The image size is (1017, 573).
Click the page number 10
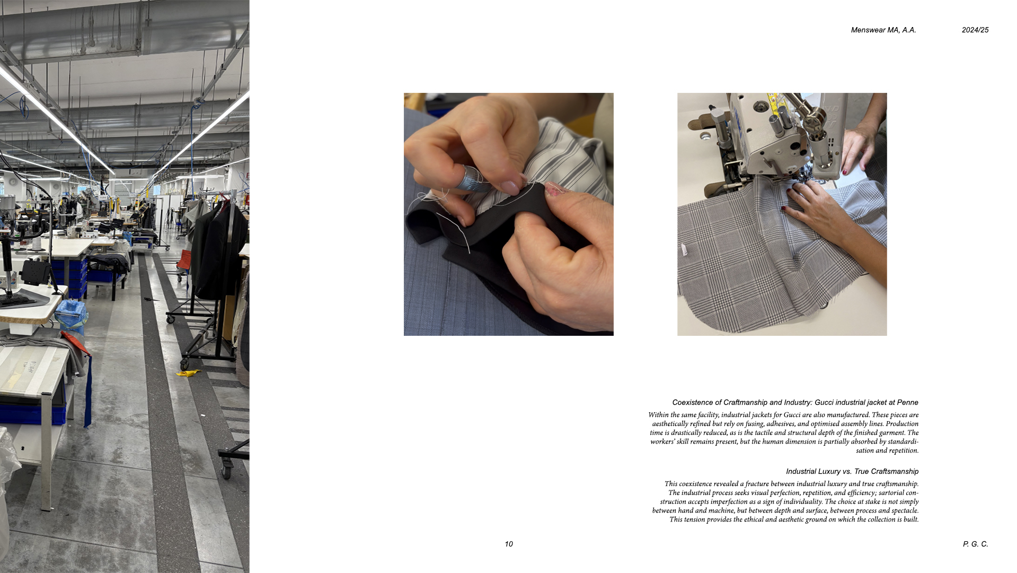click(509, 544)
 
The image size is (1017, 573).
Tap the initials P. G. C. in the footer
click(976, 544)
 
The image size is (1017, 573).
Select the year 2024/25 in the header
click(975, 30)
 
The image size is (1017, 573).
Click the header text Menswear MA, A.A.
click(883, 30)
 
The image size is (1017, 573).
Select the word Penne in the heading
click(908, 403)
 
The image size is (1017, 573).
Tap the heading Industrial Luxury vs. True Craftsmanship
click(852, 471)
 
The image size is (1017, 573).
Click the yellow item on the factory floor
click(188, 373)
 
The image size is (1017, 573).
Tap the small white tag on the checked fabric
click(684, 250)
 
